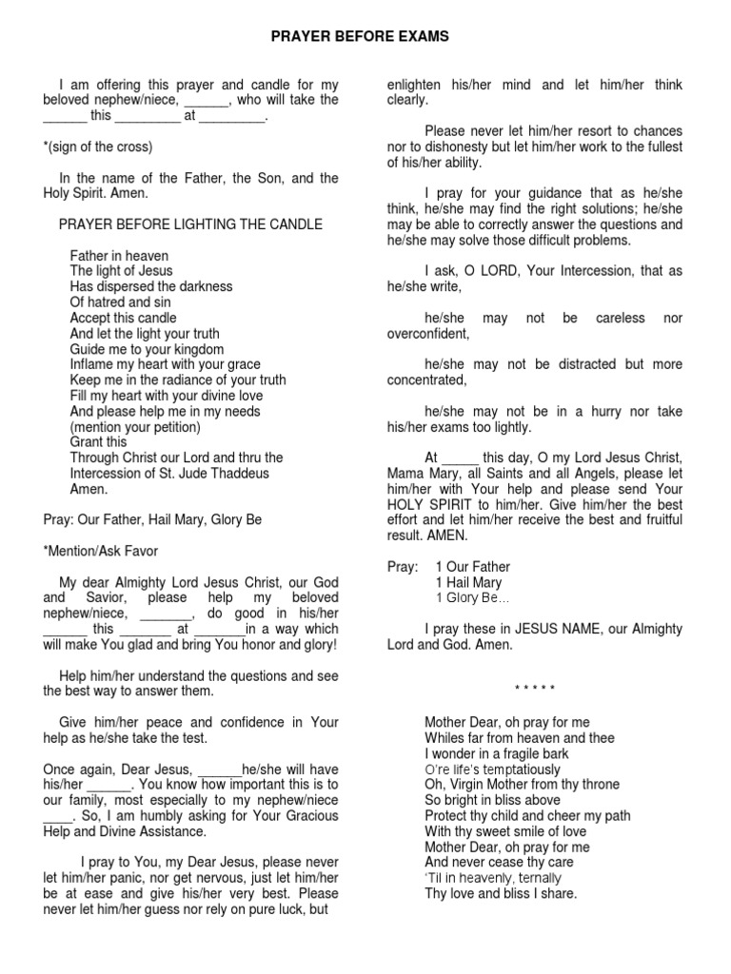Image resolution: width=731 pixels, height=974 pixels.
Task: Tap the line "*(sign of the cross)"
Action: (98, 146)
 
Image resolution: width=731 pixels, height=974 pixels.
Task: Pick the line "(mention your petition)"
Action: (135, 427)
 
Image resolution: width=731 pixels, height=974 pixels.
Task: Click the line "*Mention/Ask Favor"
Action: (101, 552)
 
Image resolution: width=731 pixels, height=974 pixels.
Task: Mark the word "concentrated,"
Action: (427, 380)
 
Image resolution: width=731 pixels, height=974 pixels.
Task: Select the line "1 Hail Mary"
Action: (468, 582)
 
